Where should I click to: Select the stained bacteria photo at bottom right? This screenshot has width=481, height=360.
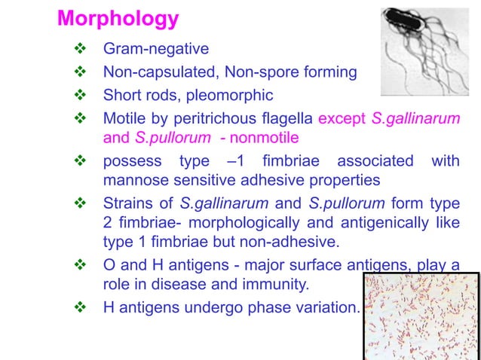coord(421,315)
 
